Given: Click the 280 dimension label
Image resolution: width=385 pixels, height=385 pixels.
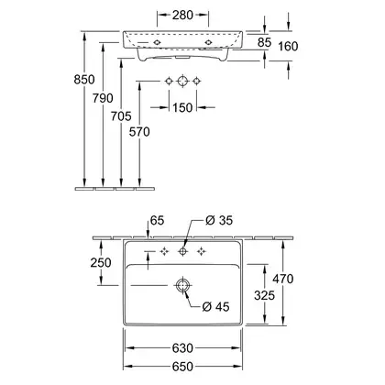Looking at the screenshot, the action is pyautogui.click(x=182, y=15).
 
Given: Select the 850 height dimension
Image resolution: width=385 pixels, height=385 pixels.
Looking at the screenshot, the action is pyautogui.click(x=84, y=80).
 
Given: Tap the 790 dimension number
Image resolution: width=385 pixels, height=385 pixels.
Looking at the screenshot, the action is pyautogui.click(x=103, y=98).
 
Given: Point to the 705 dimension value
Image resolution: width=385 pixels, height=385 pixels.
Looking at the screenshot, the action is pyautogui.click(x=121, y=116).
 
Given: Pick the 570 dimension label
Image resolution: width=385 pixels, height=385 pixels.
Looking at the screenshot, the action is pyautogui.click(x=139, y=132).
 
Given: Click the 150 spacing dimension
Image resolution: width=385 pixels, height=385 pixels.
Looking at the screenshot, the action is pyautogui.click(x=182, y=107).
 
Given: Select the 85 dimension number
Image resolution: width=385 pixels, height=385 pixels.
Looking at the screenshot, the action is pyautogui.click(x=264, y=42).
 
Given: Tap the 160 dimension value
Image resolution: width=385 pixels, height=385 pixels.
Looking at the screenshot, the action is pyautogui.click(x=288, y=47).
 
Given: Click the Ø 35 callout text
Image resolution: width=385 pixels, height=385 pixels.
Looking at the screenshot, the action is pyautogui.click(x=219, y=220).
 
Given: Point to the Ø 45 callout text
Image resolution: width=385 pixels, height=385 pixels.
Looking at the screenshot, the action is pyautogui.click(x=215, y=306).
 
